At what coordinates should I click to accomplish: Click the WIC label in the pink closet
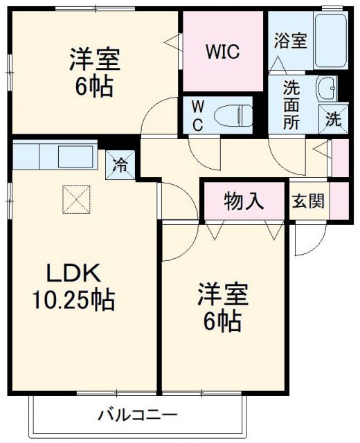[224, 53]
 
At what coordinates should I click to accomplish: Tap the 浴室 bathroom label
[290, 41]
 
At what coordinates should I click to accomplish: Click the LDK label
[74, 273]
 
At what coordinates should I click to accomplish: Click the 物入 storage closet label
[244, 201]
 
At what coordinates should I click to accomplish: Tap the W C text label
[197, 116]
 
